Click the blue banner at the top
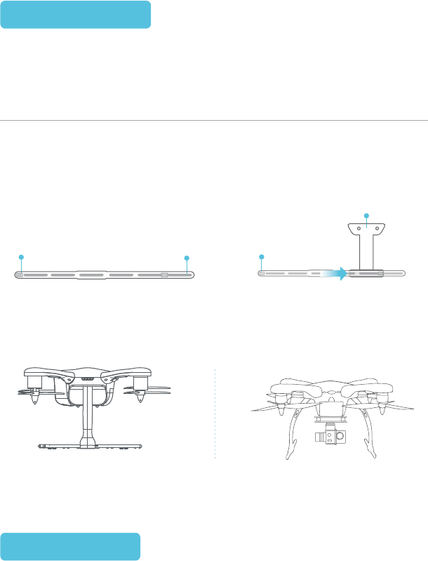point(76,15)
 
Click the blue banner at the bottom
point(70,546)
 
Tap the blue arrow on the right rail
point(340,273)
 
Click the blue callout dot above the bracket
point(366,214)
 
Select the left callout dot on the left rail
point(21,258)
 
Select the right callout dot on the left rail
point(187,258)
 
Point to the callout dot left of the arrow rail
point(262,258)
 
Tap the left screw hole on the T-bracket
point(358,228)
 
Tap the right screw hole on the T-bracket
point(377,228)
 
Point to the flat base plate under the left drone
point(91,446)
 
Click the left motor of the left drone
point(36,383)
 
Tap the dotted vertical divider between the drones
point(215,414)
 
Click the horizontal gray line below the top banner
point(214,120)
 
